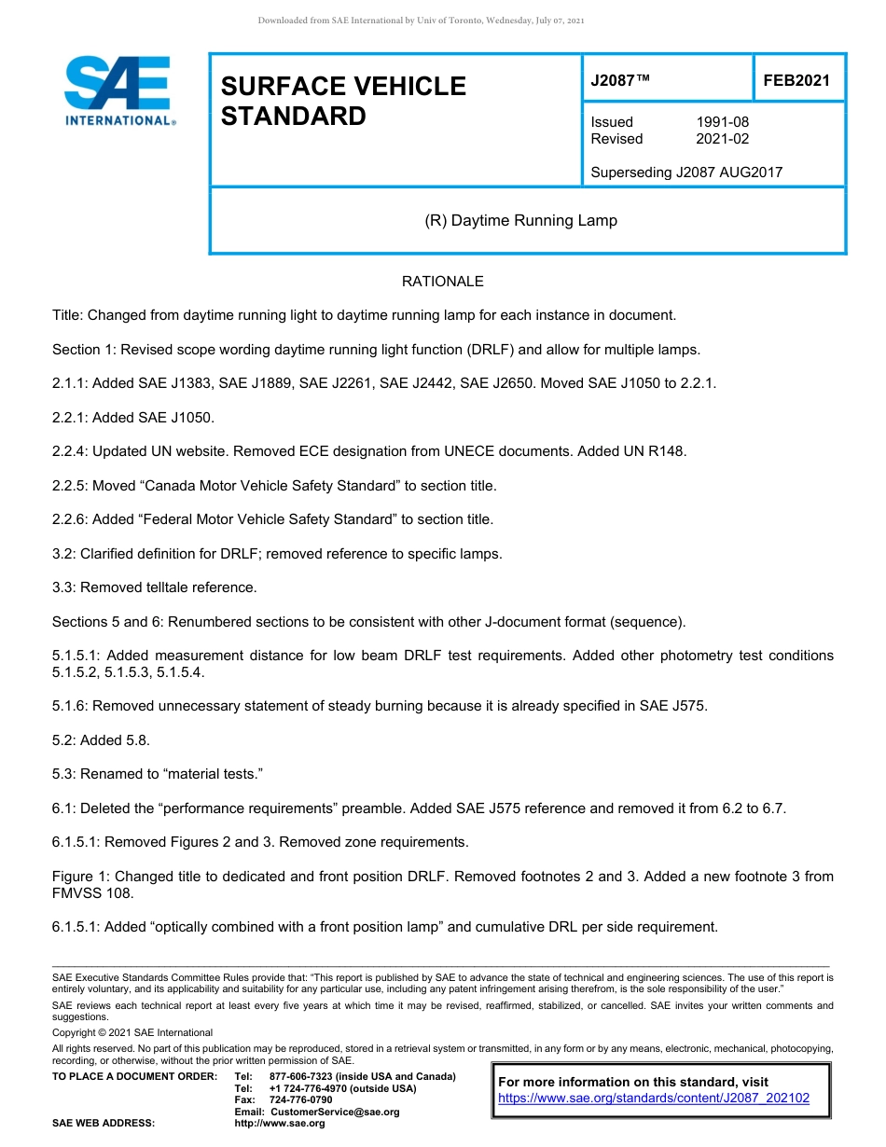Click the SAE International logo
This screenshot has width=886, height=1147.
tap(118, 90)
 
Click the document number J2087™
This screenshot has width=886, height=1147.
tap(620, 81)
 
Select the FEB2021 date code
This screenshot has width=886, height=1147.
tap(796, 81)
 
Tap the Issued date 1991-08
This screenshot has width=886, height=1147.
tap(722, 122)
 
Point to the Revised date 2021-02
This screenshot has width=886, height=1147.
tap(722, 139)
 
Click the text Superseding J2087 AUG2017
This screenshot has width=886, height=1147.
tap(686, 172)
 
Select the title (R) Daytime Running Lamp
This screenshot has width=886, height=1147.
tap(520, 221)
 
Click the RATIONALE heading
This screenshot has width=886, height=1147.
tap(442, 282)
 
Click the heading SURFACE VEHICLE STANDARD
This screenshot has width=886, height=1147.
tap(342, 101)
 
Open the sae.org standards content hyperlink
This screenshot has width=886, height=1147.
tap(654, 1099)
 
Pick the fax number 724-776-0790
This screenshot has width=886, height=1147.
tap(300, 1100)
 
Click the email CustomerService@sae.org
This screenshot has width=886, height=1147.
tap(335, 1112)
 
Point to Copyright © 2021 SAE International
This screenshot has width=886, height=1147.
tap(132, 1032)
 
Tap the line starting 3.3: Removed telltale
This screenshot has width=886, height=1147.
tap(154, 587)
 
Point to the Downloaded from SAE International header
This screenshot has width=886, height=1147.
tap(421, 21)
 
